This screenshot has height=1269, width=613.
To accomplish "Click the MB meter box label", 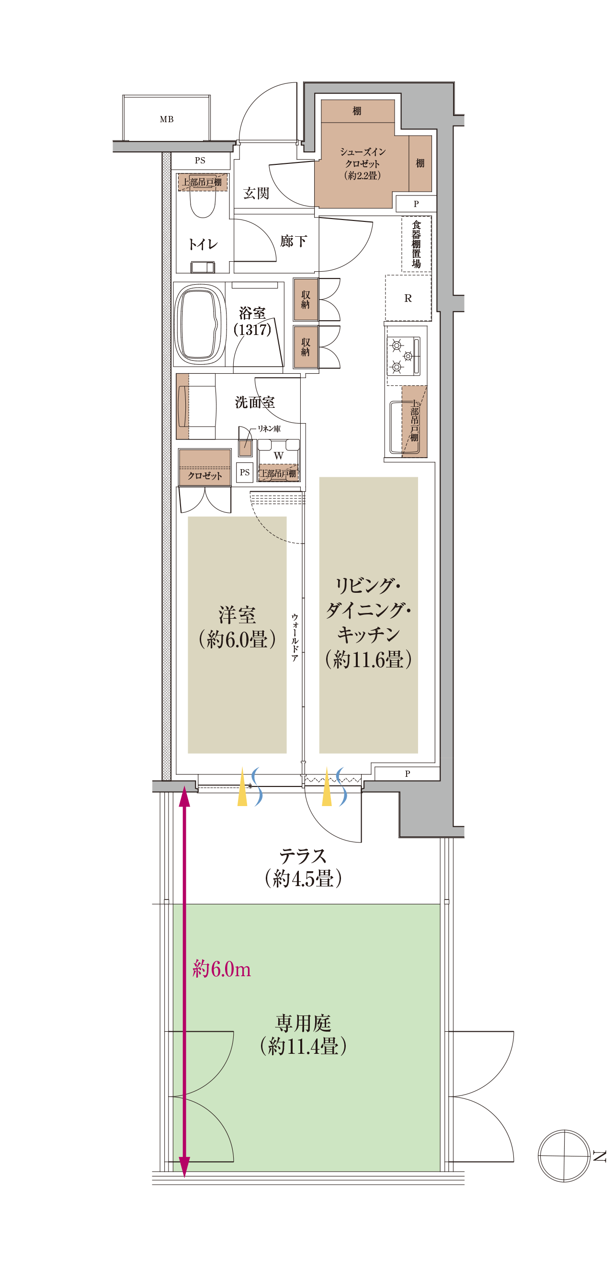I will click(x=167, y=119).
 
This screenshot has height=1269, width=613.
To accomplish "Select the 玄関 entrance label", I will click(x=256, y=193).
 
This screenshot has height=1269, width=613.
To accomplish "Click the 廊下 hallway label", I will click(x=294, y=241).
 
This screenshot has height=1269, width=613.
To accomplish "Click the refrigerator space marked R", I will click(x=408, y=298).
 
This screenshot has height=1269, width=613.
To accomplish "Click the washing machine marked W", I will click(x=278, y=455).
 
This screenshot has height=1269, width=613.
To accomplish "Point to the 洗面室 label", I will click(x=255, y=403).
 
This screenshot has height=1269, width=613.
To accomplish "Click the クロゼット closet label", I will click(x=204, y=475).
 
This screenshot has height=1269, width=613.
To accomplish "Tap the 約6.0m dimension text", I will click(x=222, y=969).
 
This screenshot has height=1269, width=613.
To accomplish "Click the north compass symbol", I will click(x=564, y=1155).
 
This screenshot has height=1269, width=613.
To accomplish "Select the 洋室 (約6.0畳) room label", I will click(x=237, y=627).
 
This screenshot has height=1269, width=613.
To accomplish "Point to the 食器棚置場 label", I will click(x=416, y=244).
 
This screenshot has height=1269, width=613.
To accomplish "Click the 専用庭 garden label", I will click(x=303, y=1023).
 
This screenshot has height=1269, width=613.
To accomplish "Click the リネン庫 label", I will click(x=269, y=428).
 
